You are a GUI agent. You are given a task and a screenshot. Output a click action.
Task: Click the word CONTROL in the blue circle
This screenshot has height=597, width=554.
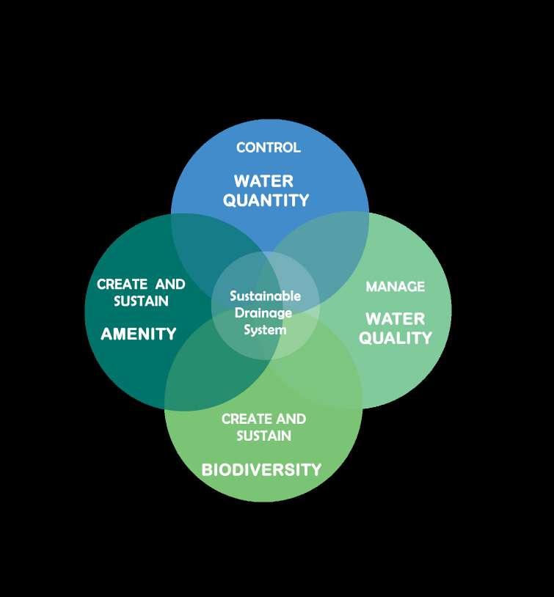(x=268, y=147)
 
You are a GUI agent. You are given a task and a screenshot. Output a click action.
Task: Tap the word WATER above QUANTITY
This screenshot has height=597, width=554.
(x=263, y=181)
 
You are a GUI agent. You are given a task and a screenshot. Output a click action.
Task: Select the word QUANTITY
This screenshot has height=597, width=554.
(x=266, y=200)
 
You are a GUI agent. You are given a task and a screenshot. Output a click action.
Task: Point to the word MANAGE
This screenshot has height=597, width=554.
(x=395, y=286)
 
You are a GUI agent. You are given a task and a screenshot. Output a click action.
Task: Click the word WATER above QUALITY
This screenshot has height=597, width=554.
(x=395, y=319)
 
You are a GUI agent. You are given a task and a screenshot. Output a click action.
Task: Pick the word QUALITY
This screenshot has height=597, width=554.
(x=395, y=338)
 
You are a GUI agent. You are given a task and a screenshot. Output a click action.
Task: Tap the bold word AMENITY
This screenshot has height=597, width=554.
(x=139, y=334)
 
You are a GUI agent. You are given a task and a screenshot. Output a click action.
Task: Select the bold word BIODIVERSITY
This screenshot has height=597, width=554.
(x=261, y=469)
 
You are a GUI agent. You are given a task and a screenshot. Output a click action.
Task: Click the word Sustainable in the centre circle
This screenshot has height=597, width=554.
(x=265, y=296)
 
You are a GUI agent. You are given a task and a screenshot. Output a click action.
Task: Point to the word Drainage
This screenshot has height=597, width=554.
(x=265, y=313)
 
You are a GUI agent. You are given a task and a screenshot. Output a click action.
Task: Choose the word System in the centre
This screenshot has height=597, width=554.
(x=265, y=329)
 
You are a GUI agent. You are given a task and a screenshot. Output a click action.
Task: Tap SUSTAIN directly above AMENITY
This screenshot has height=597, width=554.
(x=141, y=301)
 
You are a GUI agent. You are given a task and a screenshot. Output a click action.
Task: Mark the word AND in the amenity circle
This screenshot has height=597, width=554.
(x=170, y=285)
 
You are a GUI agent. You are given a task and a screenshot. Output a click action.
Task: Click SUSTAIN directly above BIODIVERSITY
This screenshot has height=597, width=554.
(x=263, y=436)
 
